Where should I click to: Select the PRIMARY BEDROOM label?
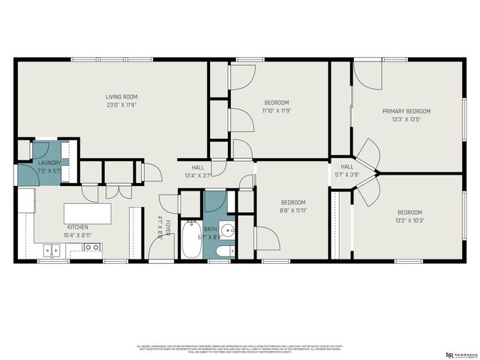tap(406, 111)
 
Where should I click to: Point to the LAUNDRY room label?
tap(50, 163)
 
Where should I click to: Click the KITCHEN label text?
tap(77, 227)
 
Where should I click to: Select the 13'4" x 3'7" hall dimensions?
tap(198, 175)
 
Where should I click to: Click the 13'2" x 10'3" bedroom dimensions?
tap(409, 220)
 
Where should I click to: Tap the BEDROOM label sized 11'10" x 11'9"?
tap(276, 102)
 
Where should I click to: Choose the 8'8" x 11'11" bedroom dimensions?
tap(293, 211)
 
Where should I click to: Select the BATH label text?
tap(210, 229)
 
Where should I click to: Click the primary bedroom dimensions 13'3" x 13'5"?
tap(406, 119)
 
